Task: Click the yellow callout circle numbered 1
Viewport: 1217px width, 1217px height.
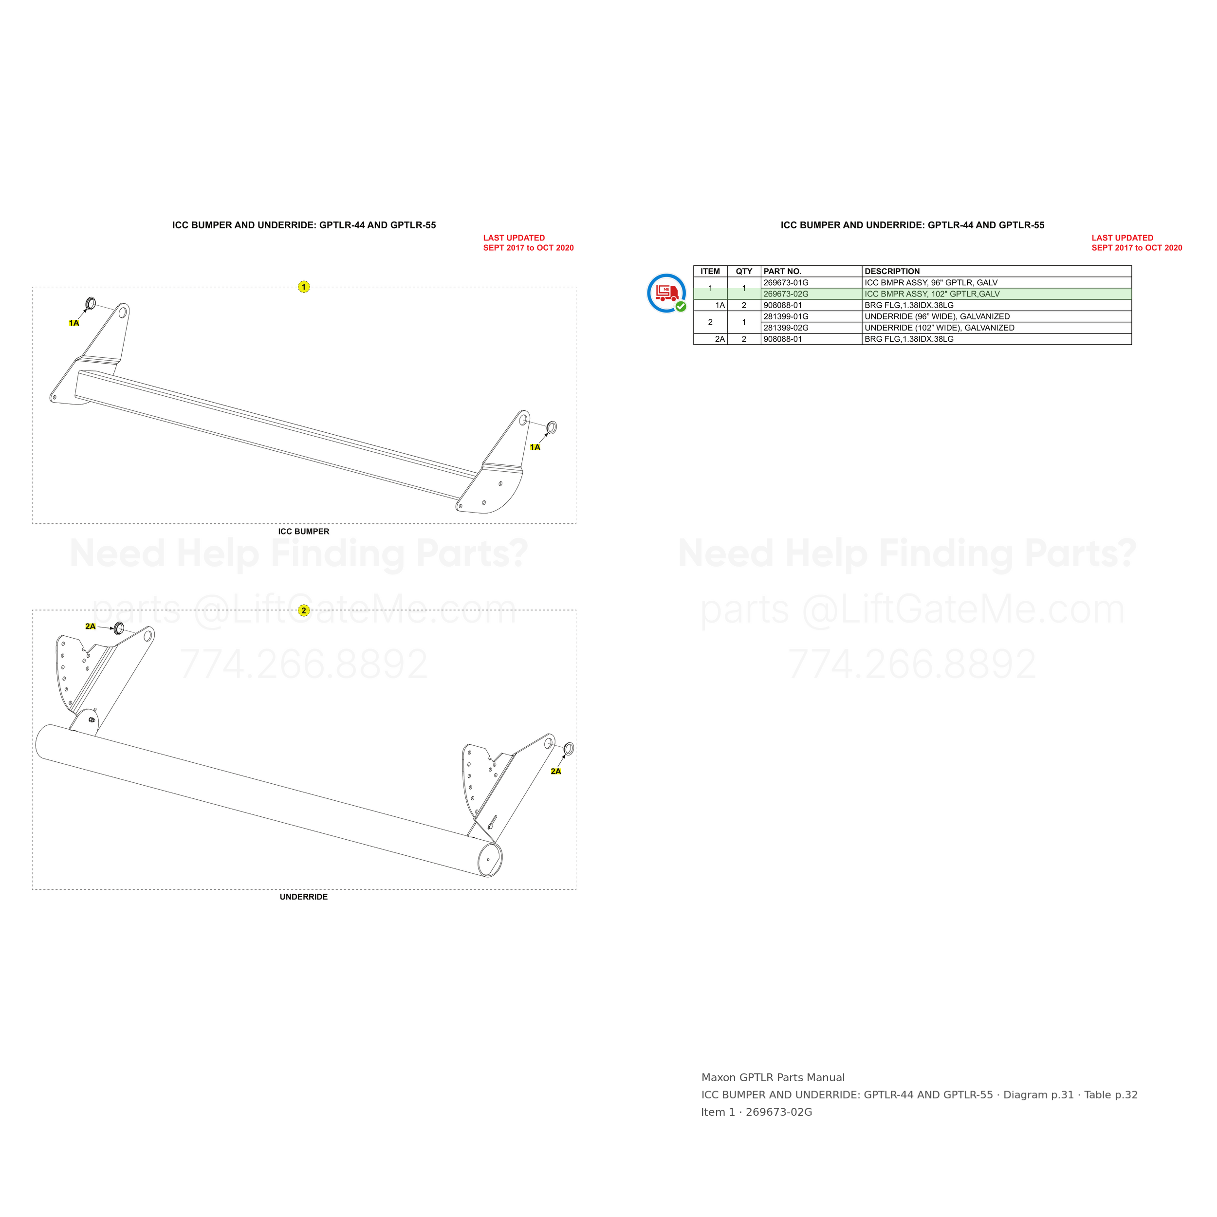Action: tap(304, 287)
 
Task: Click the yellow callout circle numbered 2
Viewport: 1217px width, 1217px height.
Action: tap(304, 610)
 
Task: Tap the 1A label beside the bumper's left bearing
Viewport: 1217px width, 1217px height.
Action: tap(74, 323)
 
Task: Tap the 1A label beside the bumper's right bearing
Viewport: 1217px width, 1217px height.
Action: tap(535, 447)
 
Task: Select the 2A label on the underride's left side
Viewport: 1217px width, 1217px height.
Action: tap(91, 627)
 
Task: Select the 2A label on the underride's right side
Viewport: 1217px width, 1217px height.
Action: tap(555, 772)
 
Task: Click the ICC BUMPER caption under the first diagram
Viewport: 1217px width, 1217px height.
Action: tap(304, 532)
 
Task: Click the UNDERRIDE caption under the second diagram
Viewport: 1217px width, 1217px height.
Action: tap(304, 897)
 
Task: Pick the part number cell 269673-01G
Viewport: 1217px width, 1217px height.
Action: tap(786, 283)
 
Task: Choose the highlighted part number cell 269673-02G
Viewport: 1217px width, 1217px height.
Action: tap(786, 294)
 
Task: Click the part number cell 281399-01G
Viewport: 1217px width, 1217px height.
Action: tap(786, 317)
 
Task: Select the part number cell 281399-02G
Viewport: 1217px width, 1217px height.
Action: tap(786, 328)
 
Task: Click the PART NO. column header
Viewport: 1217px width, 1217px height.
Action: tap(782, 272)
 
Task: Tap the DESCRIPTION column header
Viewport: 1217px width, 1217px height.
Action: tap(892, 272)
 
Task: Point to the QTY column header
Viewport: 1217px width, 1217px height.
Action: tap(744, 272)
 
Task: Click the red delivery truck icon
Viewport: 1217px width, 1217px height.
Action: tap(667, 292)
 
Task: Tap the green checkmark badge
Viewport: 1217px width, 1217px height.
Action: tap(681, 307)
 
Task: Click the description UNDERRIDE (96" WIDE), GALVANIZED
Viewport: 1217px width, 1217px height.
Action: tap(937, 317)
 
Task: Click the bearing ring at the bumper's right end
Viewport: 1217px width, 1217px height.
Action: tap(551, 428)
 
